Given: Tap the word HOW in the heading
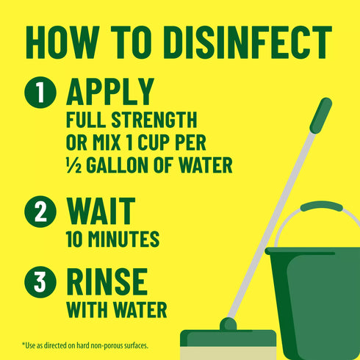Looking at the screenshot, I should pyautogui.click(x=62, y=45).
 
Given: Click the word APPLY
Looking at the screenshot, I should pyautogui.click(x=110, y=92).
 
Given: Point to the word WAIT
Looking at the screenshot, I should pyautogui.click(x=101, y=211).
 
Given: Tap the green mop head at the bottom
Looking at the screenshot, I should pyautogui.click(x=228, y=339).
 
